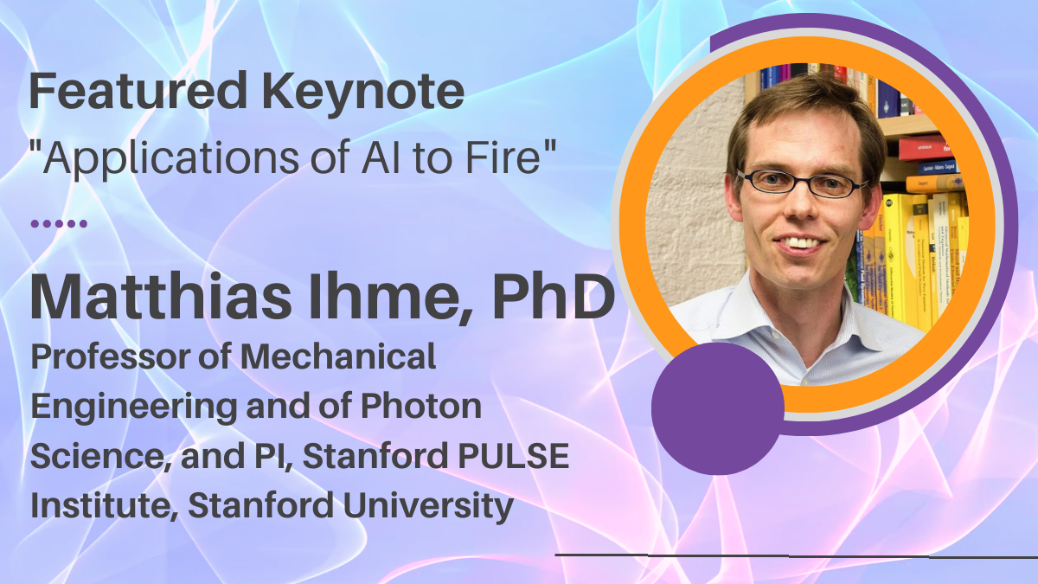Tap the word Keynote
[x=363, y=93]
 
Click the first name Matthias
[x=161, y=297]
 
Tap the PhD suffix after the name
[x=554, y=297]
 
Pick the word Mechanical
[x=338, y=356]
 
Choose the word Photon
[x=421, y=406]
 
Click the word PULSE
[x=514, y=456]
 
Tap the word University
[x=428, y=506]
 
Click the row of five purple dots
[x=59, y=224]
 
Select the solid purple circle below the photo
[x=718, y=408]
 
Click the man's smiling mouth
[x=800, y=243]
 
